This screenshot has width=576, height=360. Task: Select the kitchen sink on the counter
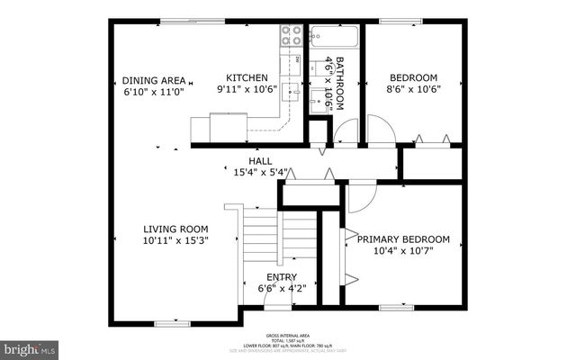coord(290,91)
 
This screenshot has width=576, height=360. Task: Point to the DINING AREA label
coord(153,79)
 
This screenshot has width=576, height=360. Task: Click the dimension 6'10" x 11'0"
coord(153,91)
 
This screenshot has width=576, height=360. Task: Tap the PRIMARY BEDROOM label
coord(403,238)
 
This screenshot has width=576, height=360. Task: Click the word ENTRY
coord(281,277)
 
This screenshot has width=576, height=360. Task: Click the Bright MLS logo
coord(30,347)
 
